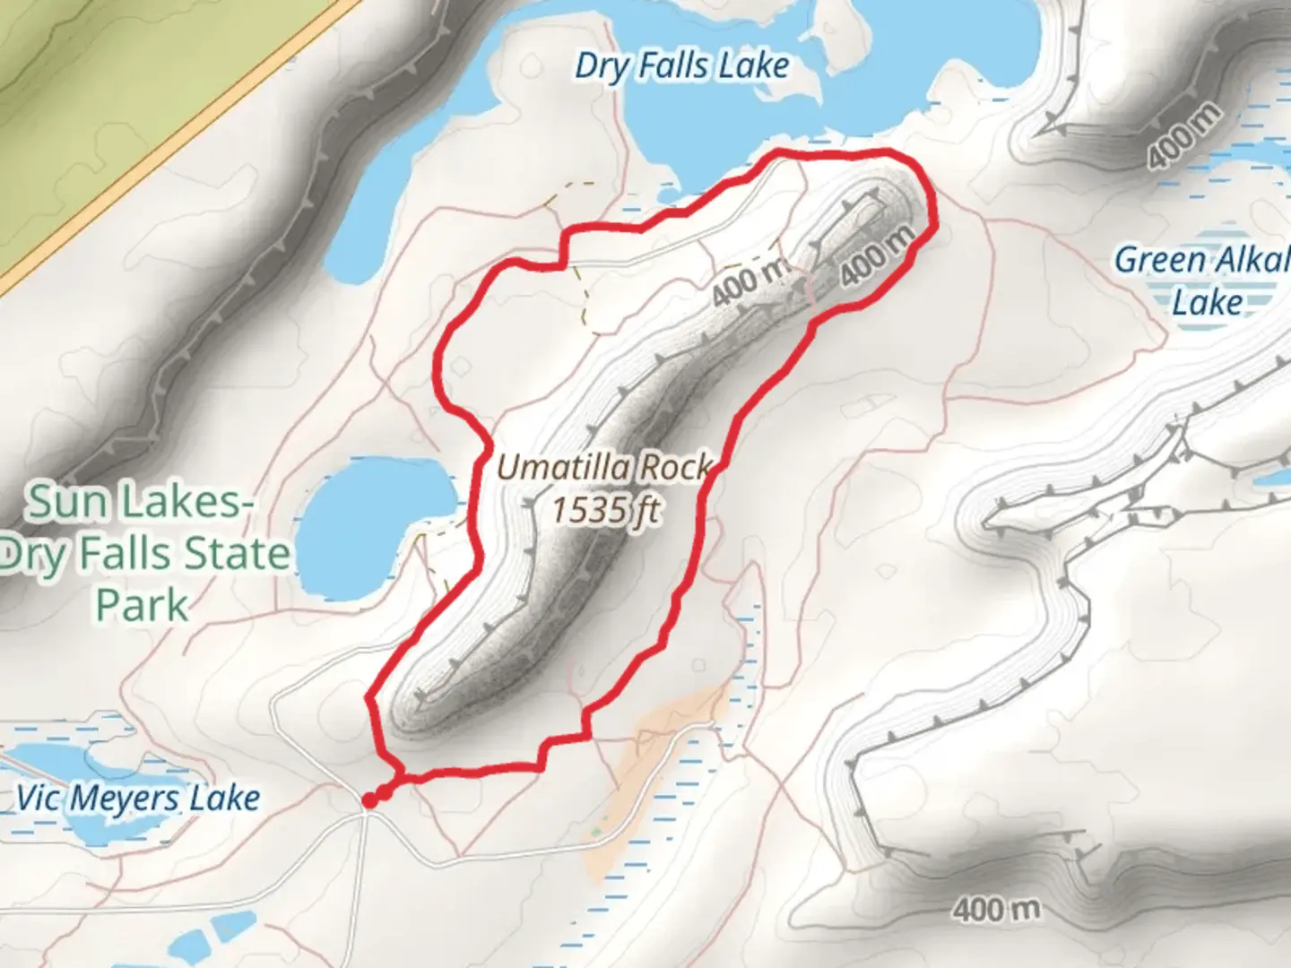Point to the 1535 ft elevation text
pyautogui.click(x=605, y=511)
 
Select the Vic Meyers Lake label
pyautogui.click(x=139, y=798)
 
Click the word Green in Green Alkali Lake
pyautogui.click(x=1160, y=261)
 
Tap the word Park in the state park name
pyautogui.click(x=143, y=606)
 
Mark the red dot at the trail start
pyautogui.click(x=369, y=799)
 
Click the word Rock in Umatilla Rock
pyautogui.click(x=681, y=467)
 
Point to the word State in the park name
pyautogui.click(x=235, y=555)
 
